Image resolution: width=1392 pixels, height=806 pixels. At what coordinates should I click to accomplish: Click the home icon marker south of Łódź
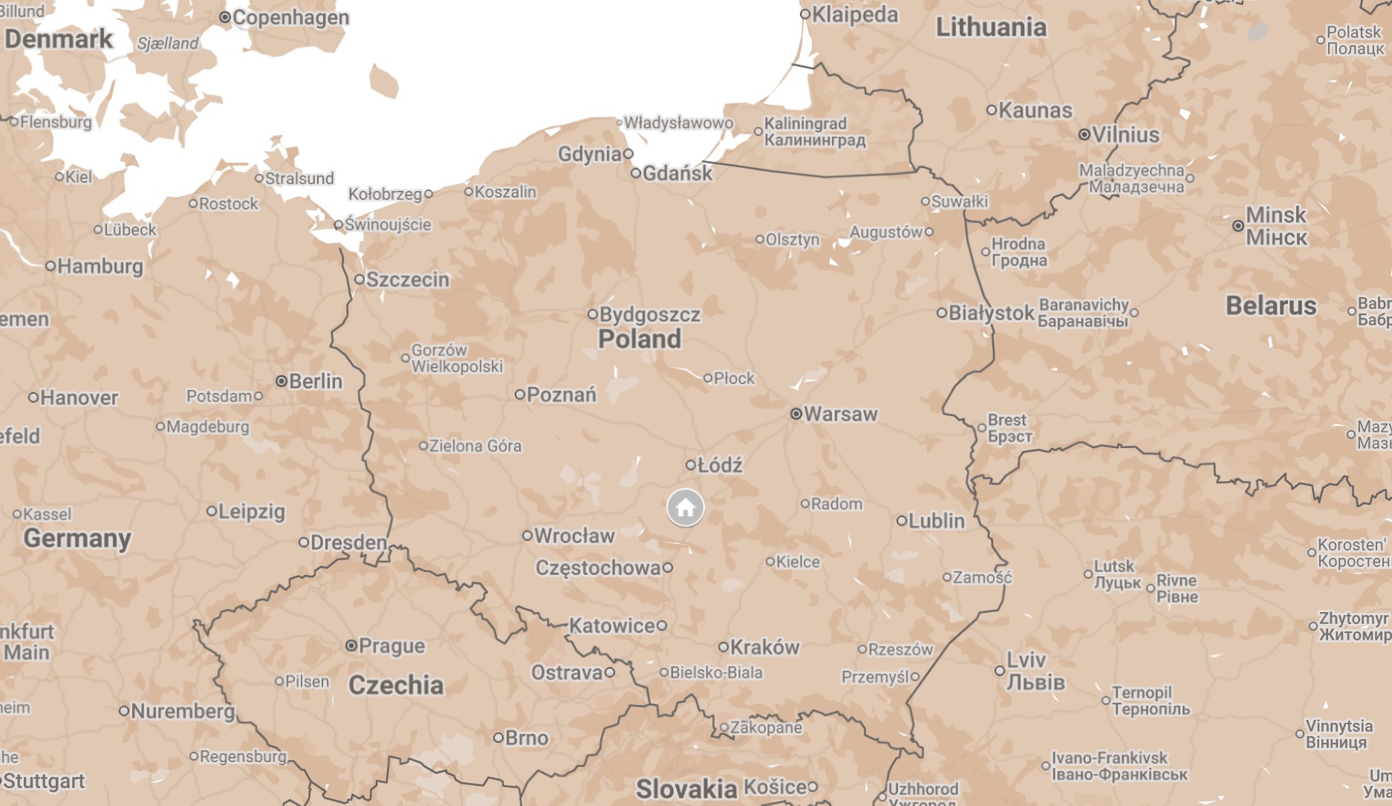pyautogui.click(x=685, y=508)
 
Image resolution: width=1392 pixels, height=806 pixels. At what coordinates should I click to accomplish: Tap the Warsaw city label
pyautogui.click(x=840, y=415)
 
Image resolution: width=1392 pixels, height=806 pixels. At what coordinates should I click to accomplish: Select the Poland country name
pyautogui.click(x=639, y=339)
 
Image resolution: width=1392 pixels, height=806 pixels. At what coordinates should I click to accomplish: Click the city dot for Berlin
pyautogui.click(x=282, y=381)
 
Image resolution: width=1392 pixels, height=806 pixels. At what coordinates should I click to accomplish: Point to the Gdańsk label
pyautogui.click(x=677, y=174)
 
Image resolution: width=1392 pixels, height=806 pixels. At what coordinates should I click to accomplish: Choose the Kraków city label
pyautogui.click(x=764, y=648)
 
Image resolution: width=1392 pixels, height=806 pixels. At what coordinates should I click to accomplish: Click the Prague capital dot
pyautogui.click(x=351, y=646)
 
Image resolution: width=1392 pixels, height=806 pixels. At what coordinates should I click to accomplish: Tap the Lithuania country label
pyautogui.click(x=991, y=28)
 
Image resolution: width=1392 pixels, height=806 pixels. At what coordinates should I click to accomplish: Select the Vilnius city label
pyautogui.click(x=1125, y=135)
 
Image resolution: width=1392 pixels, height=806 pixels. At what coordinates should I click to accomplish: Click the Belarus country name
pyautogui.click(x=1270, y=306)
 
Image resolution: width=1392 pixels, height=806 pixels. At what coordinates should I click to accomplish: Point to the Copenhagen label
pyautogui.click(x=290, y=18)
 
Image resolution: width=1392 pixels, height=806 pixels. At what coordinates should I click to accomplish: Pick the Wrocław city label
pyautogui.click(x=574, y=536)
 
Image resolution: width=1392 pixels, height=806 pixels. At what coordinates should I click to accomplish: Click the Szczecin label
pyautogui.click(x=407, y=280)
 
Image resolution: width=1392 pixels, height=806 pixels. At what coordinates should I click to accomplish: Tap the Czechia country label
pyautogui.click(x=396, y=685)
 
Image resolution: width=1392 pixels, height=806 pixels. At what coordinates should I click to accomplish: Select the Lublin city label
pyautogui.click(x=936, y=521)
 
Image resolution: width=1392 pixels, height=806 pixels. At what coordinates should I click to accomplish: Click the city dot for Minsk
pyautogui.click(x=1237, y=226)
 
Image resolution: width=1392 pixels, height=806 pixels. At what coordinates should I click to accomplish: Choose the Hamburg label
pyautogui.click(x=100, y=267)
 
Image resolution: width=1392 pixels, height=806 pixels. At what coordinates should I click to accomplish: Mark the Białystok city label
pyautogui.click(x=991, y=313)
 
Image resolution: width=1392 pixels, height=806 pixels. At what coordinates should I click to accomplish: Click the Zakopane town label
pyautogui.click(x=766, y=728)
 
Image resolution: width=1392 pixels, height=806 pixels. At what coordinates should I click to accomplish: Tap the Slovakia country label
pyautogui.click(x=686, y=789)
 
